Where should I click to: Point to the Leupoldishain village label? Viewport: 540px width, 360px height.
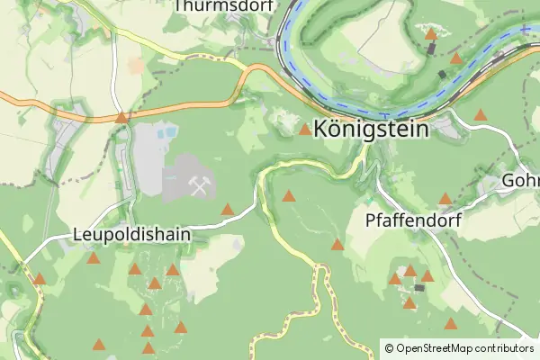(x=130, y=235)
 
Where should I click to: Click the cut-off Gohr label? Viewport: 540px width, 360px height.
(x=521, y=181)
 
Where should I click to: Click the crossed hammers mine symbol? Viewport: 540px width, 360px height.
(x=199, y=185)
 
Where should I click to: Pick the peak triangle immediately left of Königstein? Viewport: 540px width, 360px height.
(x=305, y=130)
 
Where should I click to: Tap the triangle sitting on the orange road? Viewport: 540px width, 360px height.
(x=121, y=117)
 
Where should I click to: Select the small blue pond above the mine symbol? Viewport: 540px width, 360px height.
(x=166, y=134)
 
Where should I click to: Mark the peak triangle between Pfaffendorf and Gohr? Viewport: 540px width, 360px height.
(x=445, y=198)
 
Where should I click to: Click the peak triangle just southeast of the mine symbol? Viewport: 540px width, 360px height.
(x=228, y=210)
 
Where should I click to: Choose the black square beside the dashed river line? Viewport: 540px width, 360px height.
(x=442, y=74)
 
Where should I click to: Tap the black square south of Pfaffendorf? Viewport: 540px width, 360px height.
(x=418, y=287)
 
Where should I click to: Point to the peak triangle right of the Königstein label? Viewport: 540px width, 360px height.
(x=481, y=115)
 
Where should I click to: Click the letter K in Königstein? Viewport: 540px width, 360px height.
(x=320, y=129)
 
